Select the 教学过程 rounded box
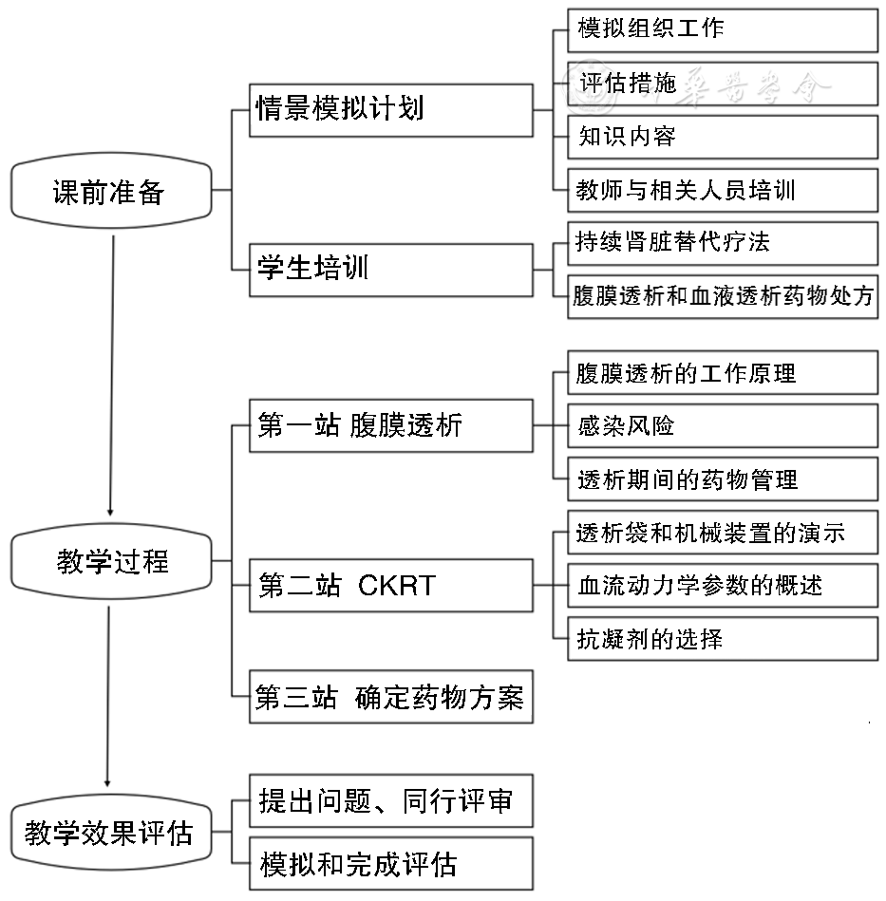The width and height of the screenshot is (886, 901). coord(112,562)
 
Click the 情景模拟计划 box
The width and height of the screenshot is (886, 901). coord(390,109)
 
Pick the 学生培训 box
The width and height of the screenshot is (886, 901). coord(390,270)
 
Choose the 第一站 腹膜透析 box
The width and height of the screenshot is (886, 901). coord(390,425)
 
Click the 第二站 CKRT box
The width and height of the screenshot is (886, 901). coord(390,586)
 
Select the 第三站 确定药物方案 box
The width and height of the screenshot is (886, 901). coord(390,699)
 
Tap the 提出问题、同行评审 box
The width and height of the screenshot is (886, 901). coord(390,802)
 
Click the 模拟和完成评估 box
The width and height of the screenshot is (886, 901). coord(390,864)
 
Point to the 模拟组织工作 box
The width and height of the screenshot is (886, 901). coord(722,29)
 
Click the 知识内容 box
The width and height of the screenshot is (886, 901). coord(722,137)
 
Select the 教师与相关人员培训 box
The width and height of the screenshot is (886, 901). coord(722,191)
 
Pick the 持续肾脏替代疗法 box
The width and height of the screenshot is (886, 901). coord(722,243)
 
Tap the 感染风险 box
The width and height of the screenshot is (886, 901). coord(722,425)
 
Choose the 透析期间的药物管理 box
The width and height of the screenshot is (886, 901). coord(722,479)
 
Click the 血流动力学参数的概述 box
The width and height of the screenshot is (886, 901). coord(722,586)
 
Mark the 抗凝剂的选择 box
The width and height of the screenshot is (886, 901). coord(722,639)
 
